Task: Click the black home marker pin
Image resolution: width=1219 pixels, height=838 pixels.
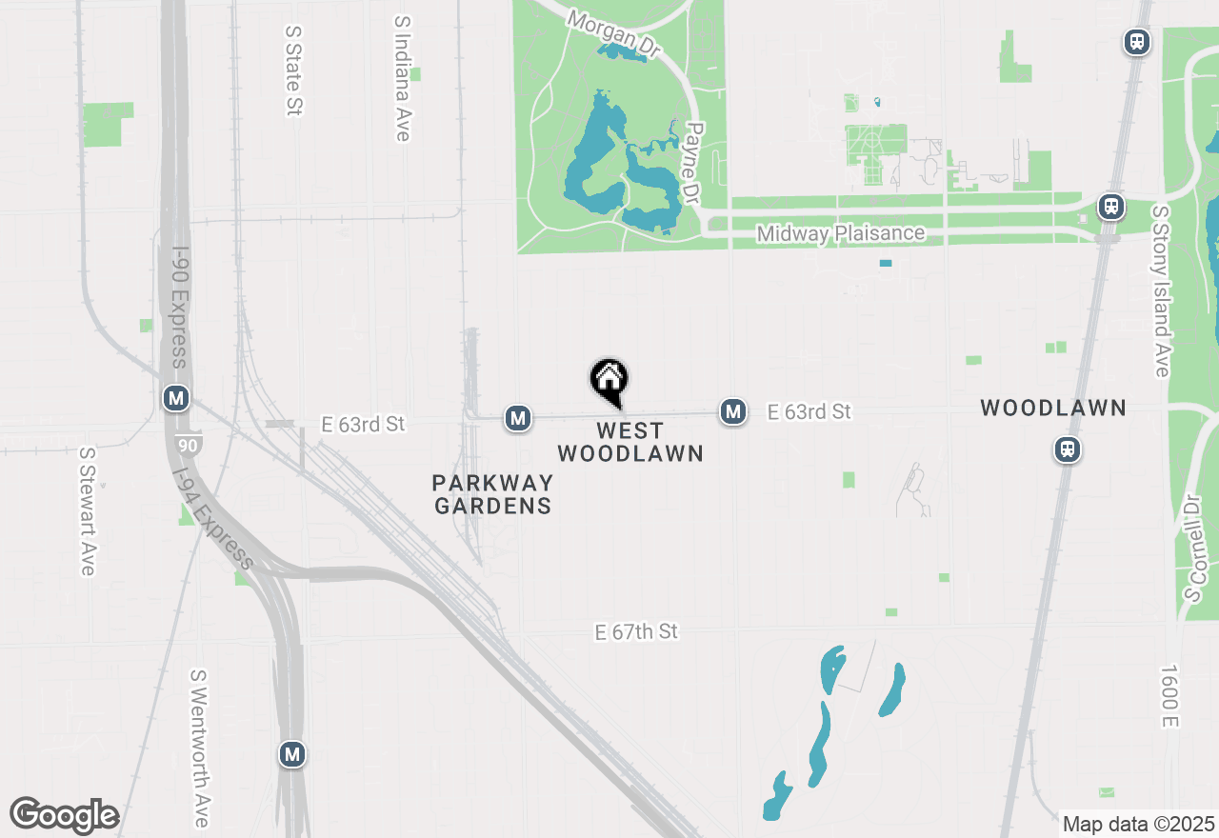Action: (609, 381)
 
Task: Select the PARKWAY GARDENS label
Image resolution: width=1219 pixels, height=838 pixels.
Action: (492, 494)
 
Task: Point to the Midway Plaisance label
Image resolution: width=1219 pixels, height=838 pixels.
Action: (840, 233)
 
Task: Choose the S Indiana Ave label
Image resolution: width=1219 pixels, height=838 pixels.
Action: (402, 78)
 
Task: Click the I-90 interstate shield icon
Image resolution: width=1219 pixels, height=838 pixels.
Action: (188, 444)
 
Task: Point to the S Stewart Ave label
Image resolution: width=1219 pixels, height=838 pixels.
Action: (88, 511)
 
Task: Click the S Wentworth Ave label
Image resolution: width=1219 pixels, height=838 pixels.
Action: (199, 748)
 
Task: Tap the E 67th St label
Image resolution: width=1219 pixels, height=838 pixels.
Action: (636, 631)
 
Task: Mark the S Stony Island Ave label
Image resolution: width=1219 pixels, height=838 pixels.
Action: (1161, 290)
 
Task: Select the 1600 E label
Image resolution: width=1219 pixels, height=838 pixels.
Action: (1169, 697)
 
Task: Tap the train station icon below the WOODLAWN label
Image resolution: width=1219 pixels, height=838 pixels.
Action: (1068, 449)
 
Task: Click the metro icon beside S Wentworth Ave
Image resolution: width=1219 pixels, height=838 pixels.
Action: (292, 755)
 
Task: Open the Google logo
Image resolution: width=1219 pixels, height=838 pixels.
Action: (65, 815)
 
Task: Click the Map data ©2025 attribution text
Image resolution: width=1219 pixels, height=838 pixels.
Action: (1139, 824)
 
